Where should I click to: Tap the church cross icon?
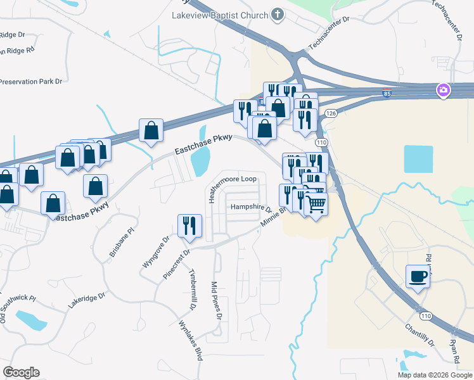tap(277, 13)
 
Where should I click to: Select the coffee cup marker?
tap(418, 276)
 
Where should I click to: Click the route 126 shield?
tap(330, 113)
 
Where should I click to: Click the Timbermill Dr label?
tap(191, 291)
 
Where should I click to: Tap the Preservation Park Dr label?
tap(32, 82)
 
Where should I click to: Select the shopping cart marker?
tap(316, 205)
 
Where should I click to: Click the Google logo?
tap(21, 372)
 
